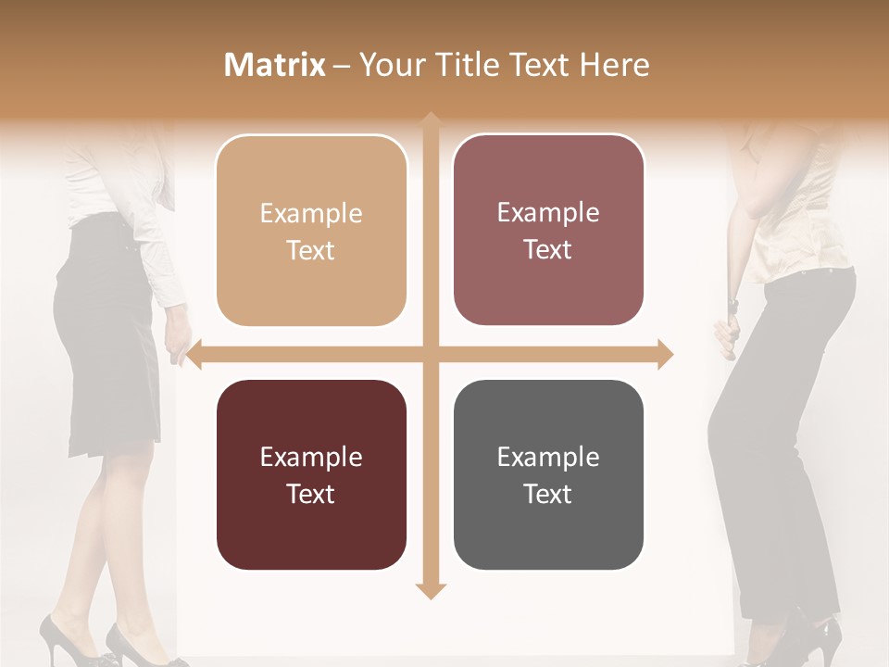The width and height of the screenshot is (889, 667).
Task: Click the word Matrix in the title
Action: (x=275, y=65)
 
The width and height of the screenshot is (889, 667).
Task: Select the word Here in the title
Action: (x=615, y=65)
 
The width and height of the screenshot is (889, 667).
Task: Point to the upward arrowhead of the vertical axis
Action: (x=430, y=120)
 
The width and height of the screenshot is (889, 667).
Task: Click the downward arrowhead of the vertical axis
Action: (x=430, y=590)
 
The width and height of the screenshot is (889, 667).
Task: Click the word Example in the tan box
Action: (x=311, y=214)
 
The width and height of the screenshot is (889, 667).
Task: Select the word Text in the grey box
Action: (x=548, y=494)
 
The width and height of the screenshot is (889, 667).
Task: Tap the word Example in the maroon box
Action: (x=311, y=458)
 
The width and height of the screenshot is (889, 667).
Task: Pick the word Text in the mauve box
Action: (x=548, y=250)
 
